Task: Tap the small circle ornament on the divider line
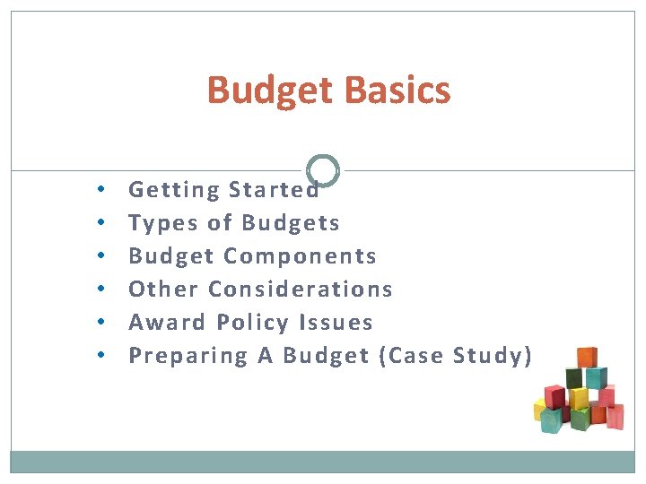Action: click(323, 170)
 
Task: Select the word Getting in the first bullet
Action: click(174, 190)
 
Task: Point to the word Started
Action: click(274, 190)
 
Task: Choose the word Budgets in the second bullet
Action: click(291, 222)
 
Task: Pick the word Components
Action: click(300, 256)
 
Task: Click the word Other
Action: click(164, 289)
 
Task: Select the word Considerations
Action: click(301, 289)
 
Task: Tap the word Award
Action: click(168, 322)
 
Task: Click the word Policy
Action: click(254, 322)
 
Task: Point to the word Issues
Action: click(339, 322)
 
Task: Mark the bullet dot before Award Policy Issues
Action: click(103, 323)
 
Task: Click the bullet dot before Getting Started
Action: click(103, 190)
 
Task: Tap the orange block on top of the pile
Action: click(587, 358)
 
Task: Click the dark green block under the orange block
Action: click(585, 378)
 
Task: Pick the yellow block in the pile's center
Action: click(579, 398)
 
